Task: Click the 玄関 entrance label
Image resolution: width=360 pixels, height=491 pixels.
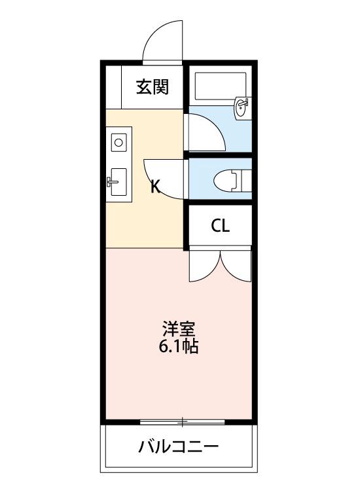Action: click(x=153, y=87)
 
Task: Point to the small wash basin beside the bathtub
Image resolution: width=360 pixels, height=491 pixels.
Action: click(x=241, y=107)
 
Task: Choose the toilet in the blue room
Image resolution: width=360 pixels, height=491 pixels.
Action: click(x=229, y=179)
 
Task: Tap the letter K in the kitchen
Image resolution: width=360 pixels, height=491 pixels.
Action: click(x=156, y=187)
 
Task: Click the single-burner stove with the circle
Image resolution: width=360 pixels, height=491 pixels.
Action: click(x=119, y=141)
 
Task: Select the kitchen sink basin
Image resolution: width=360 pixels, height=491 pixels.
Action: click(x=118, y=181)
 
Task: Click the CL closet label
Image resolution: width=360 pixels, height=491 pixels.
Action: click(x=220, y=227)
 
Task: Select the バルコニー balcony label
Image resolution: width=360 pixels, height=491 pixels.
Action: click(x=178, y=448)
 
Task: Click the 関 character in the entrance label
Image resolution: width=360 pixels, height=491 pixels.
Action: click(x=161, y=87)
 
